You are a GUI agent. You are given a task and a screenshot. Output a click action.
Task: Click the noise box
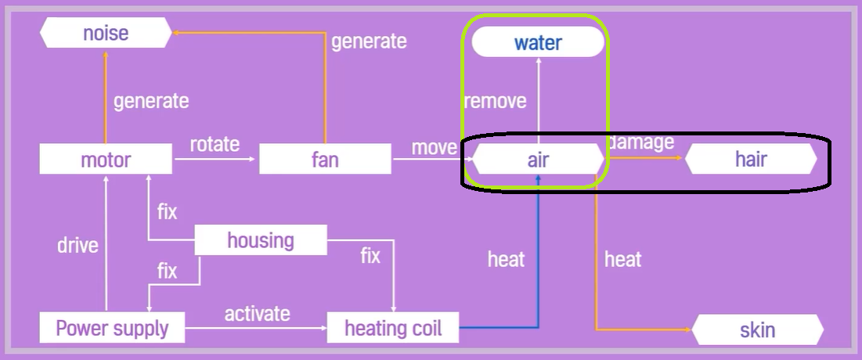click(106, 33)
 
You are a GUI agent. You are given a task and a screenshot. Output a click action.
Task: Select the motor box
click(106, 160)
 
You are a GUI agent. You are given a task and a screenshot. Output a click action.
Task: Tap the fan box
click(325, 160)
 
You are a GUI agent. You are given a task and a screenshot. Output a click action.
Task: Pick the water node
click(538, 42)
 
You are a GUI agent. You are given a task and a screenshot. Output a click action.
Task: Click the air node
click(538, 160)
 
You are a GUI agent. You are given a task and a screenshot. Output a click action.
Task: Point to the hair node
click(751, 160)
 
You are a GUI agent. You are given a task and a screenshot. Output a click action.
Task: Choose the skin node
click(757, 329)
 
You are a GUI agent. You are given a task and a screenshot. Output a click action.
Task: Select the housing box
click(260, 239)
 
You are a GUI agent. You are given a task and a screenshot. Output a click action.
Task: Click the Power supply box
click(112, 327)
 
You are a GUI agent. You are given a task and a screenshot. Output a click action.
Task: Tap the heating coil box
click(393, 327)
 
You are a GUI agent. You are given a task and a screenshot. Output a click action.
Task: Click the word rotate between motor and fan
click(215, 145)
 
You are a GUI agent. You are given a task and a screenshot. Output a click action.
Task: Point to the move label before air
click(434, 147)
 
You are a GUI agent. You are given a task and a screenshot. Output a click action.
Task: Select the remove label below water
click(495, 101)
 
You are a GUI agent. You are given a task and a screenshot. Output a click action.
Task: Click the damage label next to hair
click(642, 142)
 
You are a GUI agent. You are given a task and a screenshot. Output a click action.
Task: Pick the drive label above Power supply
click(78, 245)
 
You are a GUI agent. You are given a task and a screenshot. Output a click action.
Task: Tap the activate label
click(257, 314)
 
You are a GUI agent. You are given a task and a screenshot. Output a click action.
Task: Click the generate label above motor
click(151, 101)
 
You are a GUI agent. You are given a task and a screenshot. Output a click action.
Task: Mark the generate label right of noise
click(369, 41)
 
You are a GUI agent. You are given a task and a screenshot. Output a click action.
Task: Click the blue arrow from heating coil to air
click(538, 258)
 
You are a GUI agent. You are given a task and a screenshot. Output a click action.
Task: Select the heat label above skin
click(622, 259)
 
